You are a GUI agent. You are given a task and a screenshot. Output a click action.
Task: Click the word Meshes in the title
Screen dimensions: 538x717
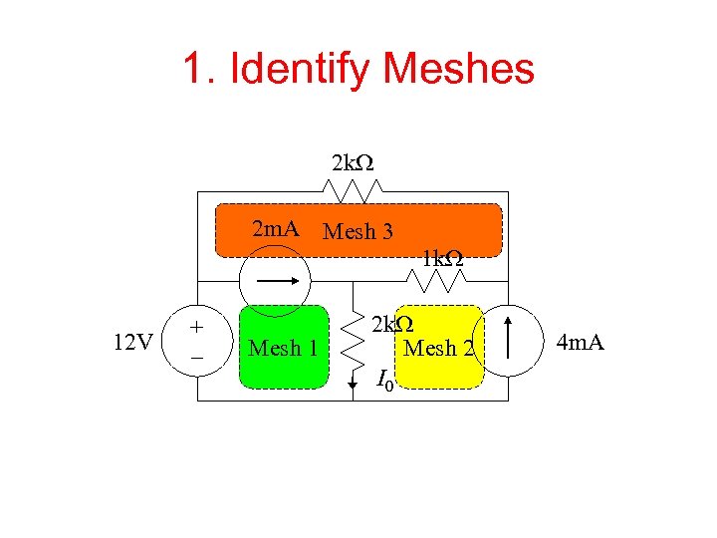pyautogui.click(x=459, y=69)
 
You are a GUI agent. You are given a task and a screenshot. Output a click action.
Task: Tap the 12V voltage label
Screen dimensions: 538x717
pyautogui.click(x=132, y=344)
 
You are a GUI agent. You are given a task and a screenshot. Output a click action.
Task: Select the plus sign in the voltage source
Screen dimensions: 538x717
pyautogui.click(x=197, y=328)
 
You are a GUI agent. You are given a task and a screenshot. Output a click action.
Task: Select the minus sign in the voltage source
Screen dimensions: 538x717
pyautogui.click(x=197, y=357)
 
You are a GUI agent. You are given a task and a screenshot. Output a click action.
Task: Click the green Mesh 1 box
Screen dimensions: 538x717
pyautogui.click(x=284, y=346)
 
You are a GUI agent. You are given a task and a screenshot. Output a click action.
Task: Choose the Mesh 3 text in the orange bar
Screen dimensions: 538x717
pyautogui.click(x=358, y=232)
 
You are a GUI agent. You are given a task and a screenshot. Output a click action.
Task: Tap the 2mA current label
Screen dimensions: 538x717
pyautogui.click(x=276, y=229)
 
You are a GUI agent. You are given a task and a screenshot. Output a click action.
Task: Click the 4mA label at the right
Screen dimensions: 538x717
pyautogui.click(x=581, y=344)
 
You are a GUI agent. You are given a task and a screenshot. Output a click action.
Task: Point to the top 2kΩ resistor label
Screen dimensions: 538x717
pyautogui.click(x=353, y=162)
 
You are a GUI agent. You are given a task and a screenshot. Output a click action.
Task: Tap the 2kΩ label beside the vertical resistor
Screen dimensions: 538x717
pyautogui.click(x=392, y=325)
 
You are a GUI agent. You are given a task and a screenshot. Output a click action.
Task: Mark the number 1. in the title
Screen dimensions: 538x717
pyautogui.click(x=197, y=69)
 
